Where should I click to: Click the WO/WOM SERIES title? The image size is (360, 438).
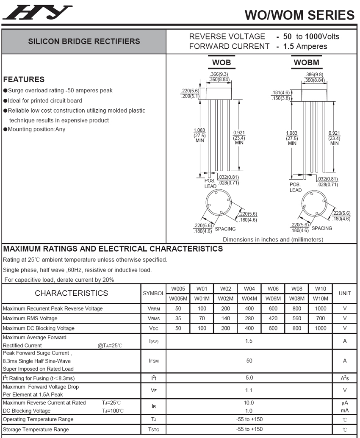tap(299, 15)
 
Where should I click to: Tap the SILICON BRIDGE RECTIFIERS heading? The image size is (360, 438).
tap(84, 42)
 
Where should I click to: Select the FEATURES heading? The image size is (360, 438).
tap(24, 79)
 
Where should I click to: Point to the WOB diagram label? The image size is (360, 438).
tap(222, 63)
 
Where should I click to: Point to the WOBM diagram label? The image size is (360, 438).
tap(306, 63)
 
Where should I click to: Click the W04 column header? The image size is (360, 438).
tap(249, 289)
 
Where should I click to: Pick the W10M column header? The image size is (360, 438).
tap(321, 298)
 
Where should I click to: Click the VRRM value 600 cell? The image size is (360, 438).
tap(273, 308)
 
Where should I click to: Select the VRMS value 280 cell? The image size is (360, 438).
tap(249, 318)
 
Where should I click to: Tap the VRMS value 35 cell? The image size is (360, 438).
tap(178, 318)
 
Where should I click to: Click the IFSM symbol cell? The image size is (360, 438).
tap(154, 361)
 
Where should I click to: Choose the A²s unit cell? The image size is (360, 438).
tap(345, 378)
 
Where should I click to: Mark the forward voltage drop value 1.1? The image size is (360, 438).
tap(249, 390)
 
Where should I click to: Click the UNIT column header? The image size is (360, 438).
tap(345, 293)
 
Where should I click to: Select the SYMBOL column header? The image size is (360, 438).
tap(154, 293)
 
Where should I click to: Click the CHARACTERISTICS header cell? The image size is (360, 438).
tap(71, 293)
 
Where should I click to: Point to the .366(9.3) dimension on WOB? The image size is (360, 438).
tap(219, 74)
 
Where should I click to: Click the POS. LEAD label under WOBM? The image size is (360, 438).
tap(296, 187)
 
